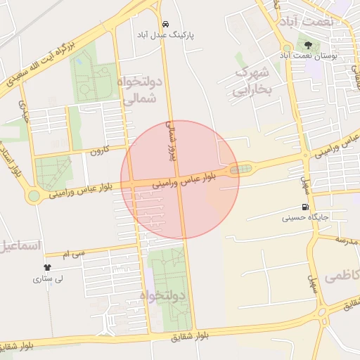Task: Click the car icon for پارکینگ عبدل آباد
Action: tap(165, 23)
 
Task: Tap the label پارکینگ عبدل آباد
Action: tap(165, 34)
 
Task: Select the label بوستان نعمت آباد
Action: tap(309, 54)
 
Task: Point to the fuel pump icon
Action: tap(304, 207)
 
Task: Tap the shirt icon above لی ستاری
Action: tap(48, 268)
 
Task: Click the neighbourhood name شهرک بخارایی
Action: tap(252, 82)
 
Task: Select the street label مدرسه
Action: tap(347, 241)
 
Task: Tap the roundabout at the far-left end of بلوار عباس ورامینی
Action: tap(33, 195)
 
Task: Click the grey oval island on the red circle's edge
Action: tap(240, 169)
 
